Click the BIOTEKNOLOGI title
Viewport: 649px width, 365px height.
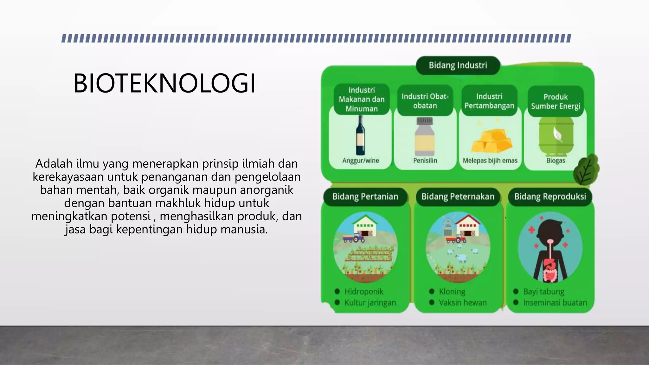pos(164,83)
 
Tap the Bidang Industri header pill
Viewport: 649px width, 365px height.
pos(458,65)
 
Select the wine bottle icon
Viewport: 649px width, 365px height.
pos(360,135)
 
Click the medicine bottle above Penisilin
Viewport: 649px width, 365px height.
pos(425,137)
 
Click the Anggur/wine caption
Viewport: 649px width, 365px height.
pos(361,161)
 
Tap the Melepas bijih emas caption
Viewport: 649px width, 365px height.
pos(490,161)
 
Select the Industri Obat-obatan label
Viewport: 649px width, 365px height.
pos(425,101)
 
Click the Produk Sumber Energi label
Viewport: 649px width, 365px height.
pos(556,101)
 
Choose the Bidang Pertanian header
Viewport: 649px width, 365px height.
pos(365,197)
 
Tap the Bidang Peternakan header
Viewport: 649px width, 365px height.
pos(458,197)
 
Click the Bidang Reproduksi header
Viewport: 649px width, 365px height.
pos(550,197)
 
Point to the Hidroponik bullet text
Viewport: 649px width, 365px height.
pos(364,291)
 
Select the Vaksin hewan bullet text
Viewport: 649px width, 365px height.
pos(462,303)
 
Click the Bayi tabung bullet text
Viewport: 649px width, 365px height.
pos(543,291)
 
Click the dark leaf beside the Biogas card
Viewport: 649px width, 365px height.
pos(586,170)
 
